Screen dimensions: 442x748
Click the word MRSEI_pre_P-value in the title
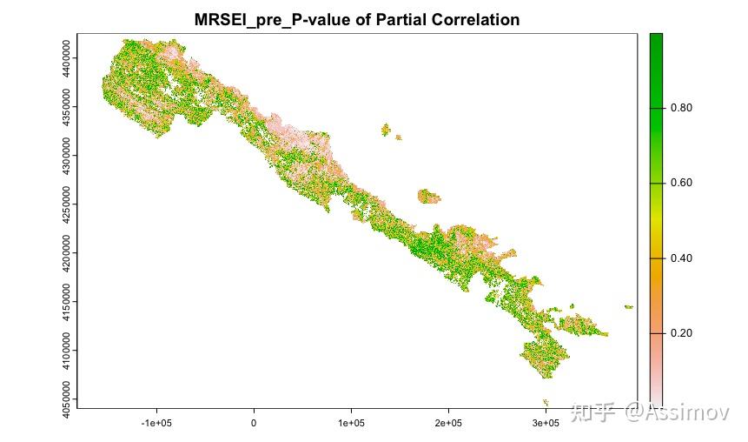(x=288, y=19)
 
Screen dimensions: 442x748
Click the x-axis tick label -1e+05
(x=156, y=423)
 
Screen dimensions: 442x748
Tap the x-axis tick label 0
(x=254, y=423)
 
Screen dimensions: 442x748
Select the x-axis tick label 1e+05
(x=351, y=423)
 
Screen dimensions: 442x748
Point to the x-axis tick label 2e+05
(x=448, y=423)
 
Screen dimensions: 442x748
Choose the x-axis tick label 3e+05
(x=545, y=423)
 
